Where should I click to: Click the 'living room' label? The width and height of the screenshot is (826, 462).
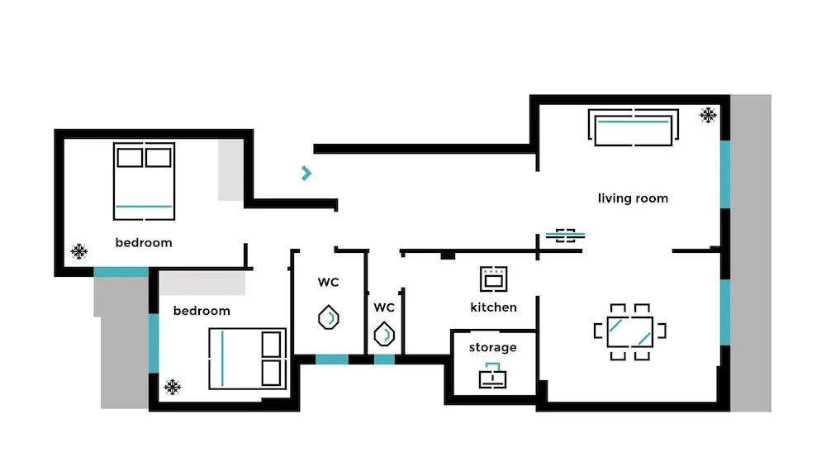tap(633, 198)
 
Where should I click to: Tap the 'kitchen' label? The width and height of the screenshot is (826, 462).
tap(494, 307)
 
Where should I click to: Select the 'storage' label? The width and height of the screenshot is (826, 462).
tap(493, 347)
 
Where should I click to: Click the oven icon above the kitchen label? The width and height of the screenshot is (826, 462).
tap(494, 279)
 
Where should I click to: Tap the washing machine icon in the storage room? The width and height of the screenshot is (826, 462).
tap(493, 376)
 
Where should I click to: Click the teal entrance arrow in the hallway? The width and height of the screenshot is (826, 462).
tap(306, 173)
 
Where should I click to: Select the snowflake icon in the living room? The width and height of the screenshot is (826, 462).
tap(708, 115)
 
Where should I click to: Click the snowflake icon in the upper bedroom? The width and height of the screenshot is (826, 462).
tap(79, 251)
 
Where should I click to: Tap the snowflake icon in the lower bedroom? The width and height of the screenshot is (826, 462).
tap(173, 386)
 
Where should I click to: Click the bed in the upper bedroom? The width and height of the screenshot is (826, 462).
tap(145, 182)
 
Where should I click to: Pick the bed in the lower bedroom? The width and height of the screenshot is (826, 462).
tap(247, 359)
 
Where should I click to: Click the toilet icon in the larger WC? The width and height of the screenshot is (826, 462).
tap(329, 317)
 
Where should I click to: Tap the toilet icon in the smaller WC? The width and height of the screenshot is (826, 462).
tap(384, 334)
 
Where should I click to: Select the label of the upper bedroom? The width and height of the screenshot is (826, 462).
tap(144, 242)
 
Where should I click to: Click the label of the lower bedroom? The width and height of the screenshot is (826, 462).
tap(202, 311)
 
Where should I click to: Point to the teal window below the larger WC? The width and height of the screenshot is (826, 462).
tap(332, 360)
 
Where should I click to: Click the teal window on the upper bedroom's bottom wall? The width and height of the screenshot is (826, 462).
tap(121, 272)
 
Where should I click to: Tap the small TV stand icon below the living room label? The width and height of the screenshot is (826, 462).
tap(565, 236)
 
